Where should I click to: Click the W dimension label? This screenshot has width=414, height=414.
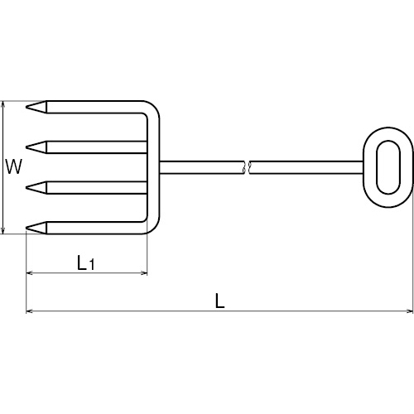click(13, 166)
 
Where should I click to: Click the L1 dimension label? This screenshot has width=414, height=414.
click(86, 262)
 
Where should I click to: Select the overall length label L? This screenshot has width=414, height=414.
click(219, 301)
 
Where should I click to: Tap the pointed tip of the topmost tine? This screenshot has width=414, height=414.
click(26, 107)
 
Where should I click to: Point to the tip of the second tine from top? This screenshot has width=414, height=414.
click(26, 147)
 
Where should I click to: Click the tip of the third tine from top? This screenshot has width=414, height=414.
click(26, 188)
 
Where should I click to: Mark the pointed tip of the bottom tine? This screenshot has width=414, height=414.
click(26, 228)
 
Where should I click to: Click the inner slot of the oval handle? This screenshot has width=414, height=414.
click(388, 167)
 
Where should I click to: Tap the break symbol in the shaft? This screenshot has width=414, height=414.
click(247, 167)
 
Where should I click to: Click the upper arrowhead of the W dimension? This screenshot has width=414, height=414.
click(3, 103)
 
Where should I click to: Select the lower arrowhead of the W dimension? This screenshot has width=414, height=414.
click(3, 231)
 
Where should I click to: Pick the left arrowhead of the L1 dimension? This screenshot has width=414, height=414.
click(29, 273)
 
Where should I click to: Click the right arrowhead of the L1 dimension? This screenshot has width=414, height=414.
click(144, 273)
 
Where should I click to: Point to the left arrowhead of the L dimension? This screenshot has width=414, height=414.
click(29, 311)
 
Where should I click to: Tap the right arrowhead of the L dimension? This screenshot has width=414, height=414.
click(410, 311)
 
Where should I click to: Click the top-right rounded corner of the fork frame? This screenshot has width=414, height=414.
click(154, 107)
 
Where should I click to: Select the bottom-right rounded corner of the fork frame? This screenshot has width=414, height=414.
click(154, 228)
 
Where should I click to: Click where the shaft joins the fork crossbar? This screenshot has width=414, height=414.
click(160, 167)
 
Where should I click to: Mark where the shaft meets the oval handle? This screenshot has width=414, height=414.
click(363, 167)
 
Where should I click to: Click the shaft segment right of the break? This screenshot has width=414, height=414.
click(306, 167)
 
